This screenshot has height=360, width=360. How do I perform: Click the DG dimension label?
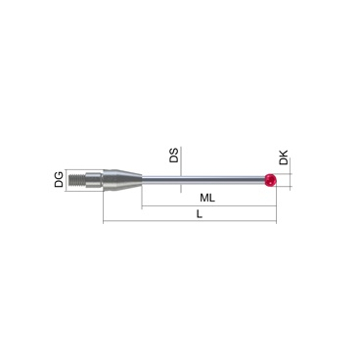(x=59, y=180)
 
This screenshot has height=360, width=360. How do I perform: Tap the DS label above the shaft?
(x=174, y=156)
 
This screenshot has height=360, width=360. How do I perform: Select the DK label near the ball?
(x=284, y=157)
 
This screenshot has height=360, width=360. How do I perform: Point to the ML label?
(x=207, y=198)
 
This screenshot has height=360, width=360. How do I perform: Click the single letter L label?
(x=200, y=214)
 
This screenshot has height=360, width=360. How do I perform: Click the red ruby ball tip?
(x=271, y=180)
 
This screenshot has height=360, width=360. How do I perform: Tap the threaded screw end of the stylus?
(x=77, y=180)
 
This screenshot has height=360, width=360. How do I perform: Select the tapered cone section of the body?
(x=122, y=180)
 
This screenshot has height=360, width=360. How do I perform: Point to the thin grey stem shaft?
(x=203, y=180)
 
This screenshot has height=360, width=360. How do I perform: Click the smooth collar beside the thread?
(x=94, y=180)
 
